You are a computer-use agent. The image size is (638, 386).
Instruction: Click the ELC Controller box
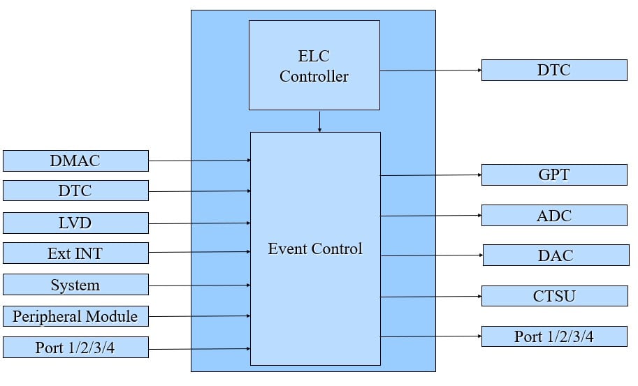314,65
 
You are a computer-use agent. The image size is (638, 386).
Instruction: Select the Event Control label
315,248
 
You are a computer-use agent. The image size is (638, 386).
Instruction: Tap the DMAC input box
75,161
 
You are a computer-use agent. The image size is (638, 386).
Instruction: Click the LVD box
75,223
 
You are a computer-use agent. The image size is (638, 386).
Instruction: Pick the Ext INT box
75,253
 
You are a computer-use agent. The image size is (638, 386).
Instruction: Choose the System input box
75,285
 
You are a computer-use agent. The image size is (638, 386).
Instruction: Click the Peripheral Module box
75,316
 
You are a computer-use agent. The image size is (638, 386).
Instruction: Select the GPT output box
554,175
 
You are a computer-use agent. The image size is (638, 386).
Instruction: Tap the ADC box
554,215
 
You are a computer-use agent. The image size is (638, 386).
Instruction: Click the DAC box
555,255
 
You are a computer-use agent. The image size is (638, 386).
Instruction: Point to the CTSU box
554,296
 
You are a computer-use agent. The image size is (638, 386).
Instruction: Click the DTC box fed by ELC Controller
554,70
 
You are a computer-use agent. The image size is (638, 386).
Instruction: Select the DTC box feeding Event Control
75,191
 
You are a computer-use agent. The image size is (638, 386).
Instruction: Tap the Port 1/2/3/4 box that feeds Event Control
75,347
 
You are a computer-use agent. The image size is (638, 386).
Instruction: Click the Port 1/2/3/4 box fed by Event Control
554,336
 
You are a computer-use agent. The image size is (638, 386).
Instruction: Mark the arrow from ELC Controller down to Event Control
319,121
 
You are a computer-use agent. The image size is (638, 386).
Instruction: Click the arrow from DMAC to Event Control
199,161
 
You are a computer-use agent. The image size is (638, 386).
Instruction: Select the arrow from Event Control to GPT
430,175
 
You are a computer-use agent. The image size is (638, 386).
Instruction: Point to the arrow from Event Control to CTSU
430,297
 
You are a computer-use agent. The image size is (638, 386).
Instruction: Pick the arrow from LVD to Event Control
199,223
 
